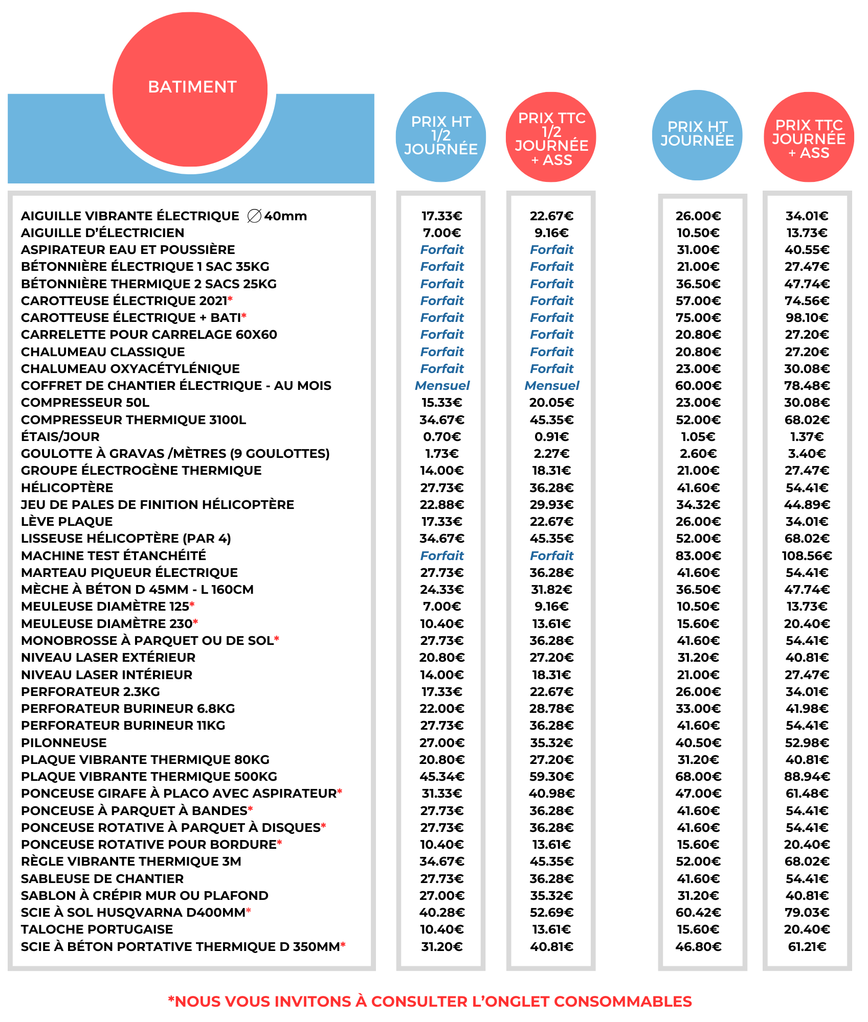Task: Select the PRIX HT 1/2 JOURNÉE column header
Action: (441, 136)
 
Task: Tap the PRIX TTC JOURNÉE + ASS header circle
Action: (808, 138)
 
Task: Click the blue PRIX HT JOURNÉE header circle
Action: (697, 134)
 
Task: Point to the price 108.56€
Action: (807, 555)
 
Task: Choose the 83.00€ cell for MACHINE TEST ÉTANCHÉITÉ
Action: (698, 555)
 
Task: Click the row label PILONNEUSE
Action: (64, 742)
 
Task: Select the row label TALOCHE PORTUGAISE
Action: (97, 929)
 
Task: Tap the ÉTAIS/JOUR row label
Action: (60, 437)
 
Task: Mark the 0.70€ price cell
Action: (442, 437)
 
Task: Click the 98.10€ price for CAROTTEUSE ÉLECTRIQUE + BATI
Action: (807, 318)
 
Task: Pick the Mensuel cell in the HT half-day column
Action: (442, 386)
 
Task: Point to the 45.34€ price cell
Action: (442, 777)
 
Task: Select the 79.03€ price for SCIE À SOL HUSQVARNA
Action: (807, 912)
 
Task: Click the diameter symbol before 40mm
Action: (254, 216)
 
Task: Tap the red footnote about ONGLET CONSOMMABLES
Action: (430, 1001)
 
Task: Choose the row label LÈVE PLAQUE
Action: (67, 522)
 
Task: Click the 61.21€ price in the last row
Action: (807, 946)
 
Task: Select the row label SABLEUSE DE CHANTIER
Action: (102, 878)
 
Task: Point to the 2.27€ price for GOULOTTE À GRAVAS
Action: (551, 454)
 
